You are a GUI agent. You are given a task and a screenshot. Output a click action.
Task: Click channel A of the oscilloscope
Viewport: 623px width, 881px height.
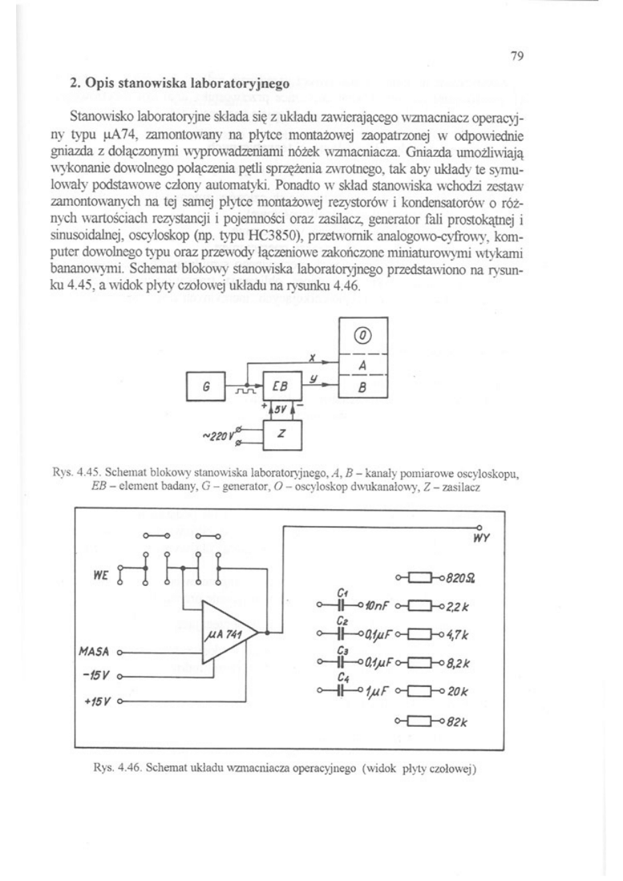[x=363, y=365]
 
